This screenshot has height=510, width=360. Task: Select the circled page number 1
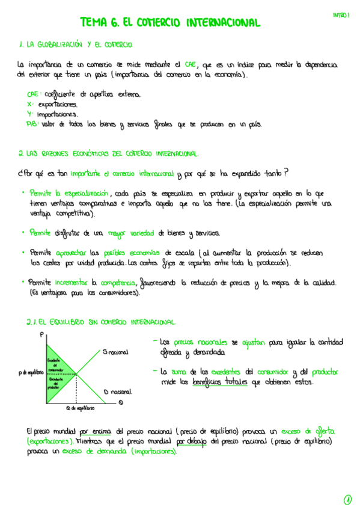[x=347, y=499]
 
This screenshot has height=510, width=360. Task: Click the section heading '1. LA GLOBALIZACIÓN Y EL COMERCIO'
[x=76, y=45]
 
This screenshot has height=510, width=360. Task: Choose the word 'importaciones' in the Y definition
[x=57, y=114]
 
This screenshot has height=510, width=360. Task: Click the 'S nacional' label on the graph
[x=117, y=352]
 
